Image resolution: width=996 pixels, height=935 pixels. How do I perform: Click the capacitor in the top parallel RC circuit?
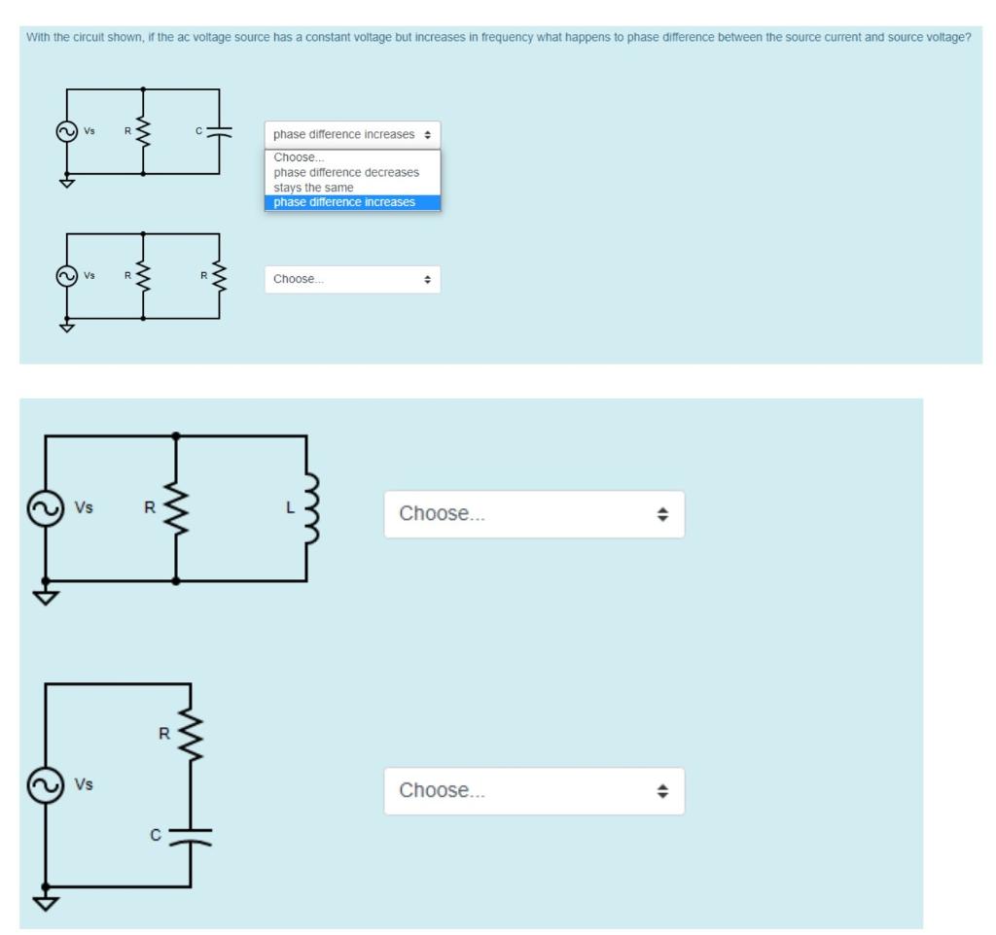coord(220,133)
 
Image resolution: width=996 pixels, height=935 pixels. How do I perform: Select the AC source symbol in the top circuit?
coord(67,132)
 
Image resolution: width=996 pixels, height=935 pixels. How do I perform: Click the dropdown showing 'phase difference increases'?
coord(352,134)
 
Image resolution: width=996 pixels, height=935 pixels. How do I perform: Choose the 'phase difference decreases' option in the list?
coord(346,172)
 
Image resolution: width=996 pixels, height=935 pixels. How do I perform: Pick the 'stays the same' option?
coord(313,188)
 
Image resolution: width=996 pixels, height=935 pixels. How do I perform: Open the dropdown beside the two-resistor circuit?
coord(352,280)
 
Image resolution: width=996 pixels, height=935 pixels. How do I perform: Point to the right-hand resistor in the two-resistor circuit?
coord(220,276)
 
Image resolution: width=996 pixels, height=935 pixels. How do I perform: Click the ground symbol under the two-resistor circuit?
coord(67,327)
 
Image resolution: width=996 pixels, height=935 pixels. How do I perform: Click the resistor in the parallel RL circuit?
coord(176,507)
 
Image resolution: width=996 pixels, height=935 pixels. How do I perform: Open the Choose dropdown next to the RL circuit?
coord(534,514)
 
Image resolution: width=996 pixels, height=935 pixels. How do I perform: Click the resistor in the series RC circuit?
coord(191,735)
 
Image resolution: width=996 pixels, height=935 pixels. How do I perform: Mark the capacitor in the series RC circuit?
coord(191,835)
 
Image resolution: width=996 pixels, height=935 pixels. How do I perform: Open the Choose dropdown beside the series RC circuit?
coord(534,791)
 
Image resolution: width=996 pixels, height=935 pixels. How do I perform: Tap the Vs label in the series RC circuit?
coord(85,783)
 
